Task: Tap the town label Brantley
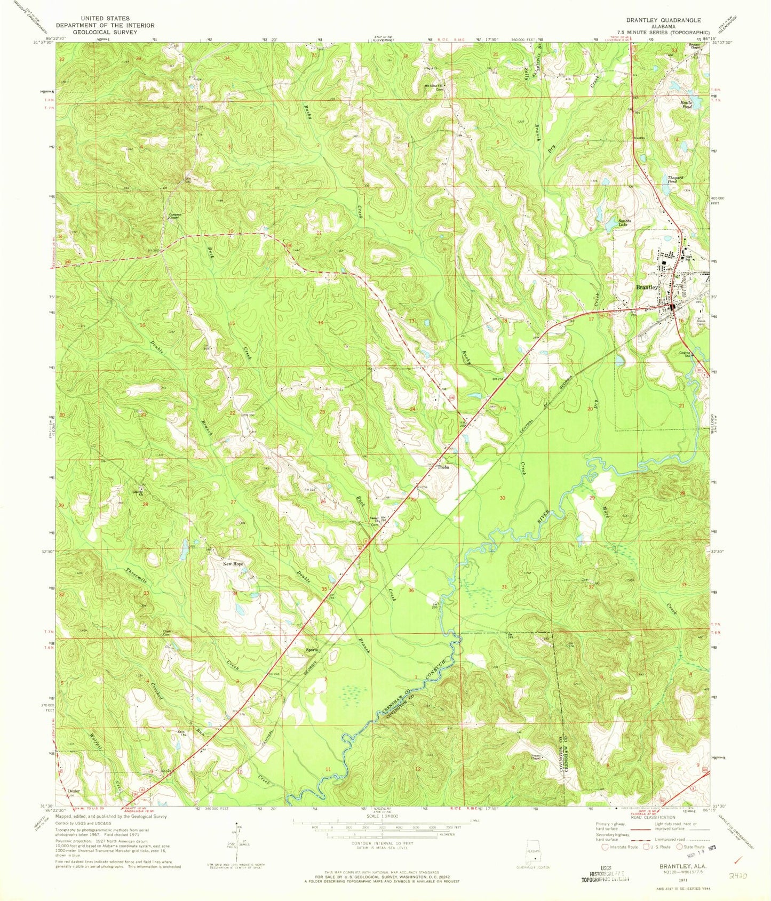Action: click(x=647, y=287)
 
